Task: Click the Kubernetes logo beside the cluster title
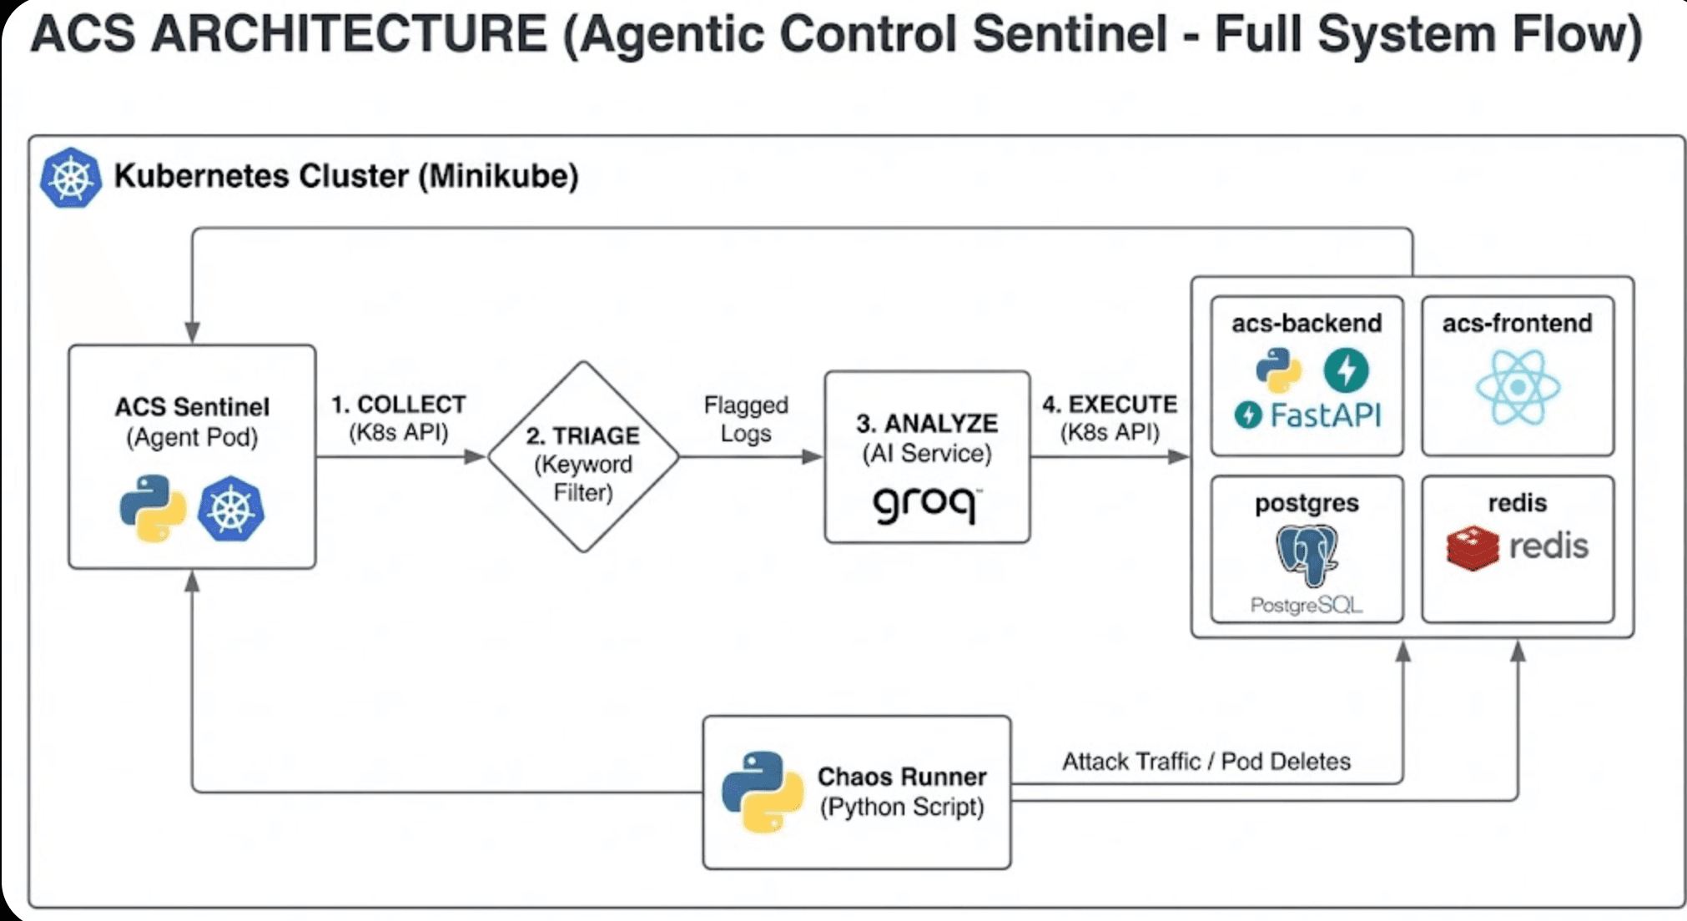71,177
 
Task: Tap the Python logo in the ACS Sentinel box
153,509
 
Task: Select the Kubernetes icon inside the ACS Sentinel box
231,509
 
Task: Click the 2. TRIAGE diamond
583,457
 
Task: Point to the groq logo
925,504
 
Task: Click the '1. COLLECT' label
399,405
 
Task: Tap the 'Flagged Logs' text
745,419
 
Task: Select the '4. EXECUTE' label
1109,405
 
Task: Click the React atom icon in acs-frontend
1517,387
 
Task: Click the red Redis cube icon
1473,548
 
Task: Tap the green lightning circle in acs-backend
1346,370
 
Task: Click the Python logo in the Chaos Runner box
763,792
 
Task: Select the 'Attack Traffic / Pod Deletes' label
1206,762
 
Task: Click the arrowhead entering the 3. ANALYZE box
812,456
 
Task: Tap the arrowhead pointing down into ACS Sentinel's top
193,332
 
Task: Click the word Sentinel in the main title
1070,35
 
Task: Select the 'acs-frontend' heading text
1517,323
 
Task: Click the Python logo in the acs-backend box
1278,370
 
